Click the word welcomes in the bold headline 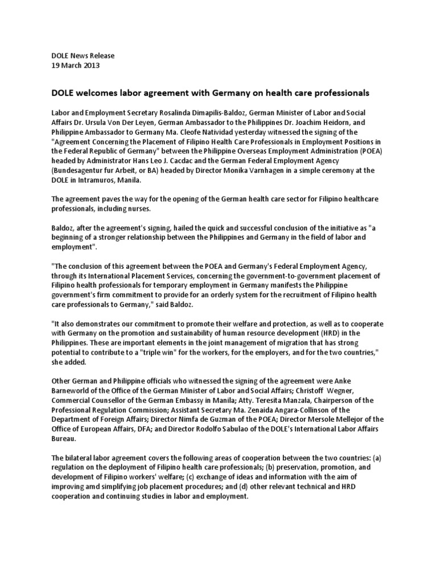click(x=99, y=92)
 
